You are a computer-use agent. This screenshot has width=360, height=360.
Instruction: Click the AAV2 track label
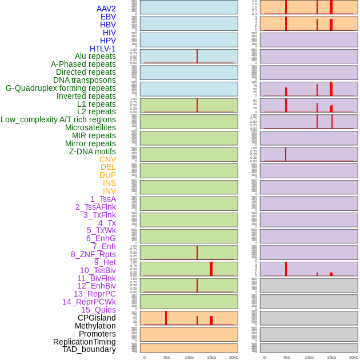point(106,9)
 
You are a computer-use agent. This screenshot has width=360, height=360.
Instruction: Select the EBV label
point(108,17)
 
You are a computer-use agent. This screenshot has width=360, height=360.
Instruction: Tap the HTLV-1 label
point(102,49)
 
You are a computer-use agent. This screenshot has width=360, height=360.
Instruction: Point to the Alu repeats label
point(95,56)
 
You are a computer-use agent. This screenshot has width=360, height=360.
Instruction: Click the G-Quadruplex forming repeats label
point(61,88)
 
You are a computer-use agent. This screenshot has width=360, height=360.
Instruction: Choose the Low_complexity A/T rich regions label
point(58,119)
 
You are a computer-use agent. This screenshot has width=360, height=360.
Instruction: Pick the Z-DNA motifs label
point(92,151)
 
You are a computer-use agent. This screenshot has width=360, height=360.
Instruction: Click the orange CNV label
point(107,159)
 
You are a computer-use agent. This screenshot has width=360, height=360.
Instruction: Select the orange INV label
point(109,191)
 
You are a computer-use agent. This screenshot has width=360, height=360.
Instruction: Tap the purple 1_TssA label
point(103,199)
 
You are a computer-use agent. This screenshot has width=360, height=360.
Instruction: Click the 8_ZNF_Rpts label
point(93,254)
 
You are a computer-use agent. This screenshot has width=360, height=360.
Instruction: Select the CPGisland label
point(97,318)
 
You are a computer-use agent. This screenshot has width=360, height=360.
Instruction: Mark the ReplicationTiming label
point(84,342)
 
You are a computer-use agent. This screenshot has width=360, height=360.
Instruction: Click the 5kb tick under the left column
point(167,357)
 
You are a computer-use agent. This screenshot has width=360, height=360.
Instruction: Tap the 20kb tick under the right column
point(354,357)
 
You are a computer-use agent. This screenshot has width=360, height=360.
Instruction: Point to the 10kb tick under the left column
point(189,357)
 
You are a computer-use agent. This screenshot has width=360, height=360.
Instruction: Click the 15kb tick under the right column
point(331,357)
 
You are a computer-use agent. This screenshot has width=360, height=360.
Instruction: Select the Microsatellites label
point(90,127)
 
